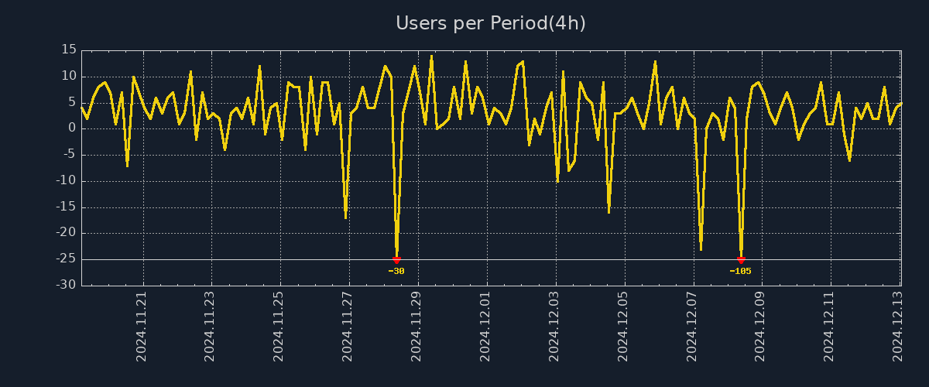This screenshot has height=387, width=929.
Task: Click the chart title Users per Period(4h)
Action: [x=491, y=23]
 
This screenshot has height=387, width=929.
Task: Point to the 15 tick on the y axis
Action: [x=68, y=50]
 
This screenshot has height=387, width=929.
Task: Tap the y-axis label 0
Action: [x=71, y=128]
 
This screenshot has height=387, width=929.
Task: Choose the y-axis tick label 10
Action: [x=68, y=77]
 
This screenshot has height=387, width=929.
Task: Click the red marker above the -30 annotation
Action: [x=396, y=260]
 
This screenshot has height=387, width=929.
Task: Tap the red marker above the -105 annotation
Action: [x=741, y=260]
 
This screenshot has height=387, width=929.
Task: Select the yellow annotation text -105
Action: [x=741, y=271]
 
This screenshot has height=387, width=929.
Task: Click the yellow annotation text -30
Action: [x=396, y=271]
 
